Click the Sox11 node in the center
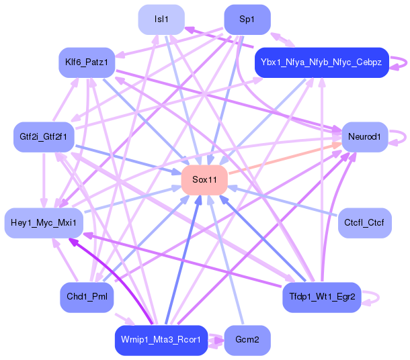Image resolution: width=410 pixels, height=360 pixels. pyautogui.click(x=204, y=179)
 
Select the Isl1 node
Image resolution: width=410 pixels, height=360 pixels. pyautogui.click(x=161, y=19)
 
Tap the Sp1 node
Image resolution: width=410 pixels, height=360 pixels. pyautogui.click(x=247, y=19)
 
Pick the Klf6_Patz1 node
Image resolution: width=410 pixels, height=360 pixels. pyautogui.click(x=87, y=62)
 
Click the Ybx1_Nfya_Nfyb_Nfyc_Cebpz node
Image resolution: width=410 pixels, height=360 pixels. pyautogui.click(x=321, y=62)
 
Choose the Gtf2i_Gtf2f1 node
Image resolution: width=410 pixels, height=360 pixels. pyautogui.click(x=42, y=136)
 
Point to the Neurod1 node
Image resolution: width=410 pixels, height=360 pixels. pyautogui.click(x=365, y=136)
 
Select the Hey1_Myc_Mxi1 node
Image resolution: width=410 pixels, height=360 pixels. pyautogui.click(x=44, y=222)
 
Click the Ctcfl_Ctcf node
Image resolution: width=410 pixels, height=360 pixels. pyautogui.click(x=364, y=222)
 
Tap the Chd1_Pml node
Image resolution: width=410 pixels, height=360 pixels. pyautogui.click(x=86, y=296)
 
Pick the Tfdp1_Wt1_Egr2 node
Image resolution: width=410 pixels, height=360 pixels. pyautogui.click(x=321, y=296)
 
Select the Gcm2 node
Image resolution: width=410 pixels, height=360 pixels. pyautogui.click(x=247, y=340)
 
